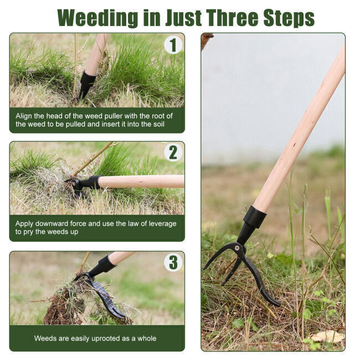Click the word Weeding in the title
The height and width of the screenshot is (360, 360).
[97, 18]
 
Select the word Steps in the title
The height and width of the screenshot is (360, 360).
[289, 18]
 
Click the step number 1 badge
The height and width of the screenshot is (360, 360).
[173, 45]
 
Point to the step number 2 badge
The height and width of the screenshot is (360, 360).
[173, 152]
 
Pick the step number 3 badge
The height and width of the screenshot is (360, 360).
[173, 262]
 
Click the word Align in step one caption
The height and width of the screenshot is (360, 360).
[24, 116]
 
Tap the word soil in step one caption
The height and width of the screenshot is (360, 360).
[159, 124]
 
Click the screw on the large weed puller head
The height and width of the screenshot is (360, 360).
[236, 248]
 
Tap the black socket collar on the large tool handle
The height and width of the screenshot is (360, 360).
[255, 217]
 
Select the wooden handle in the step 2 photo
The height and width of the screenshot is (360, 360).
[141, 182]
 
